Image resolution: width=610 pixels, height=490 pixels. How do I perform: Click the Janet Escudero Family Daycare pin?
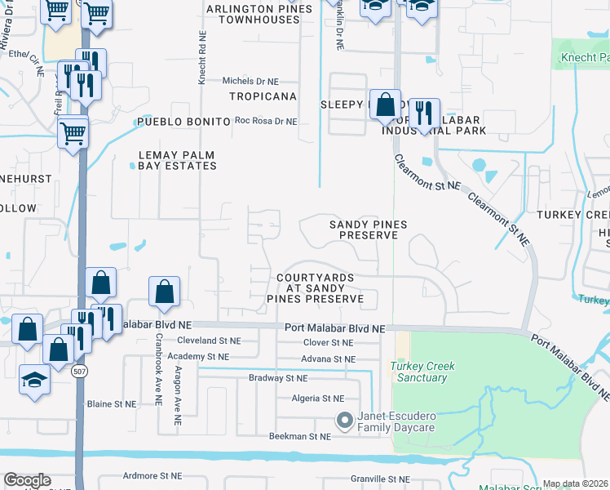(345, 421)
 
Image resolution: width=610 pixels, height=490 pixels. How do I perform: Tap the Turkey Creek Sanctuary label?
(422, 372)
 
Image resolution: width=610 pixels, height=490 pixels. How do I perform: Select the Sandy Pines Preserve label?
(368, 229)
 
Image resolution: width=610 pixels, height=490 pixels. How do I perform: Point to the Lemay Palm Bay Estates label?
(177, 160)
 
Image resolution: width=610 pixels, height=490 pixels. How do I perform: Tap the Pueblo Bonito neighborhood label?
(184, 122)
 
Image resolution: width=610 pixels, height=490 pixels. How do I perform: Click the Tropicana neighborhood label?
(263, 96)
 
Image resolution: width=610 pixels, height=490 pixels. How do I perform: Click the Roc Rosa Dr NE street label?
(266, 122)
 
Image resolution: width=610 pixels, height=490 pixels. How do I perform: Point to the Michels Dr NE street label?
(251, 82)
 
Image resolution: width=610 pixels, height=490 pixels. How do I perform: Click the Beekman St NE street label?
(300, 437)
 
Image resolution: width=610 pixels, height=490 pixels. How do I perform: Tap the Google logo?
(27, 480)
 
